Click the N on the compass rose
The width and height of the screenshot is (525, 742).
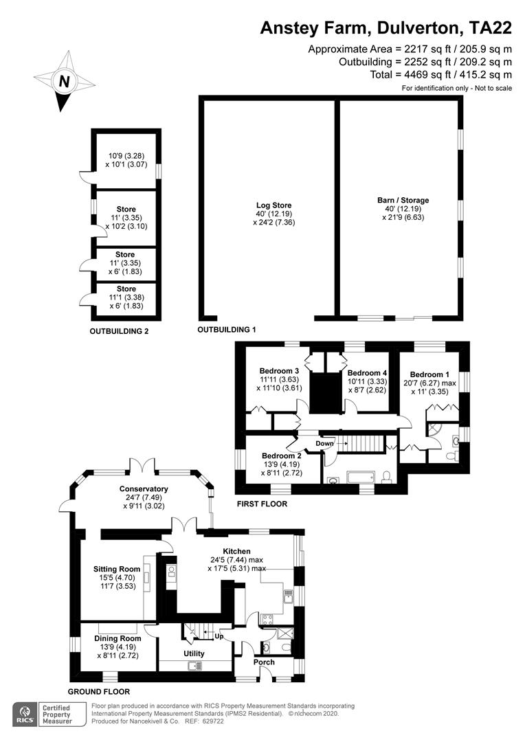pyautogui.click(x=65, y=81)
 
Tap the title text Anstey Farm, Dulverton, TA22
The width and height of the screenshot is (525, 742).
pyautogui.click(x=386, y=28)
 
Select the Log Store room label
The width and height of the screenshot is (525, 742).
pyautogui.click(x=273, y=205)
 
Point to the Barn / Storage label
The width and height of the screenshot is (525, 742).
pyautogui.click(x=403, y=200)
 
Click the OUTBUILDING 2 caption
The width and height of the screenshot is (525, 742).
pyautogui.click(x=120, y=331)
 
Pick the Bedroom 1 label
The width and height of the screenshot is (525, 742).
pyautogui.click(x=430, y=374)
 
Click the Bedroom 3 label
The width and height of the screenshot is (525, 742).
pyautogui.click(x=279, y=371)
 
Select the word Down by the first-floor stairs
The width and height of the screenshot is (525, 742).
pyautogui.click(x=324, y=443)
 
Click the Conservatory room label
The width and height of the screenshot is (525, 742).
pyautogui.click(x=144, y=489)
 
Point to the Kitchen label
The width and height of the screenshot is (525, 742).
pyautogui.click(x=236, y=551)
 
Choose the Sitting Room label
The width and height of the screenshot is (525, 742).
pyautogui.click(x=117, y=570)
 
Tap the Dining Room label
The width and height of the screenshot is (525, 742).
pyautogui.click(x=118, y=639)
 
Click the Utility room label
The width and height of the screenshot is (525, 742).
pyautogui.click(x=194, y=653)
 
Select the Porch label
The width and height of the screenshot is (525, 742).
pyautogui.click(x=264, y=662)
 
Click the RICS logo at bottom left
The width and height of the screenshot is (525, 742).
pyautogui.click(x=25, y=715)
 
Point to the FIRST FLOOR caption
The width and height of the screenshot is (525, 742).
pyautogui.click(x=262, y=504)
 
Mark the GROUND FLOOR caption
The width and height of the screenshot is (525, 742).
pyautogui.click(x=99, y=691)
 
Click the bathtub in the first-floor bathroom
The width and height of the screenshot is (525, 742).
pyautogui.click(x=361, y=477)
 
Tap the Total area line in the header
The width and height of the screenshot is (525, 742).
pyautogui.click(x=441, y=74)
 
